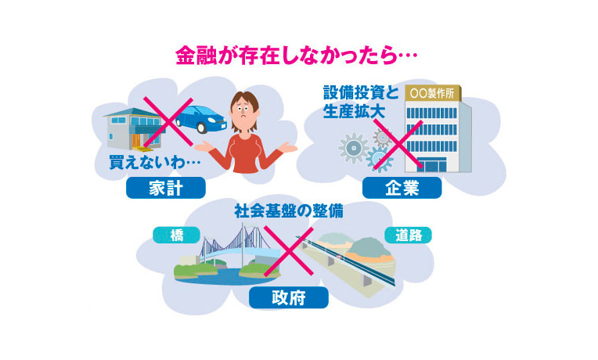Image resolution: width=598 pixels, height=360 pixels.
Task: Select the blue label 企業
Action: [402, 187]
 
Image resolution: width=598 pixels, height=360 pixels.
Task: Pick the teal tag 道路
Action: [407, 234]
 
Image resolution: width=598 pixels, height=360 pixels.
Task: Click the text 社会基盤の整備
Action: [289, 211]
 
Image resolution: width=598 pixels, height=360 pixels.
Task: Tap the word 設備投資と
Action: [361, 92]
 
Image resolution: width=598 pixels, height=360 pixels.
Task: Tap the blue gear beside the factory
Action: [380, 159]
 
